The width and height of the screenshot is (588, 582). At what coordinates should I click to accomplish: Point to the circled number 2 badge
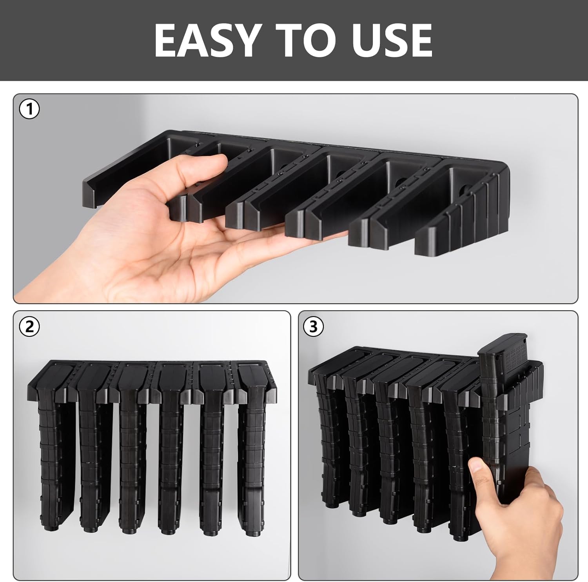(29, 327)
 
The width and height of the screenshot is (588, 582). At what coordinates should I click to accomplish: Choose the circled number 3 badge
(313, 327)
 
